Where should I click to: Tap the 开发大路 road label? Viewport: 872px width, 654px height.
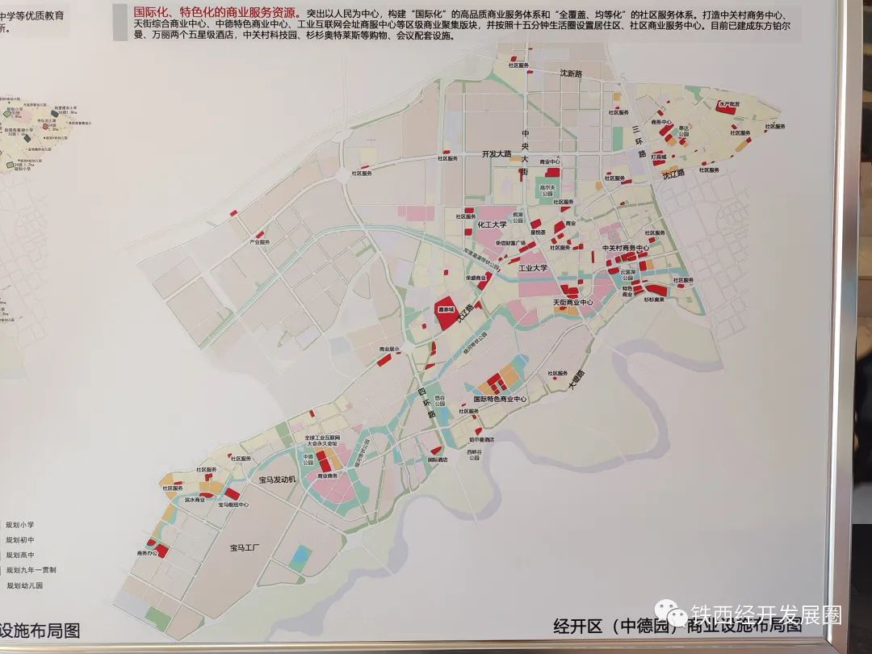click(x=497, y=153)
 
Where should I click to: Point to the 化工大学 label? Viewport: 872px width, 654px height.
click(x=492, y=224)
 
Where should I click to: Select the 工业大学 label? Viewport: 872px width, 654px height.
click(x=533, y=267)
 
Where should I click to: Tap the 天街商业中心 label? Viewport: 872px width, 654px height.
click(x=572, y=303)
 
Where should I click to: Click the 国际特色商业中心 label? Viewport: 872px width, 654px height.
click(x=500, y=399)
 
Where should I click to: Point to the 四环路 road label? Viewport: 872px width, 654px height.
click(x=426, y=403)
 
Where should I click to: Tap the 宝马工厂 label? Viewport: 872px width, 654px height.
click(x=243, y=548)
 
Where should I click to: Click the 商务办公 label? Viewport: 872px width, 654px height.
click(x=148, y=553)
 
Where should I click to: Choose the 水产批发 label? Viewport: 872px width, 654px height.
click(x=728, y=103)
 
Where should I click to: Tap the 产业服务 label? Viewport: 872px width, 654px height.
click(x=259, y=242)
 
